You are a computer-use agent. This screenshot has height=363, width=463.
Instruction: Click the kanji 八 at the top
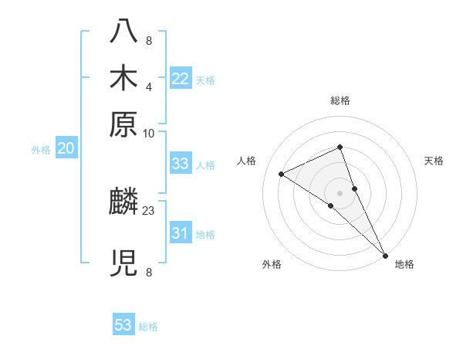click(124, 33)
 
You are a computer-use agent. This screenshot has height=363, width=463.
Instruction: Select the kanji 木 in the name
click(124, 79)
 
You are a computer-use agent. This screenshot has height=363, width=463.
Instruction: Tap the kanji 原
click(124, 124)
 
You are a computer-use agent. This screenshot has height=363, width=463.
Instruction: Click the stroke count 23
click(149, 209)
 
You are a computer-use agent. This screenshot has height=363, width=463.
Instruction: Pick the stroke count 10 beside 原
click(149, 133)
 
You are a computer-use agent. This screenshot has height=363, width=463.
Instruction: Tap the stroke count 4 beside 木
click(149, 86)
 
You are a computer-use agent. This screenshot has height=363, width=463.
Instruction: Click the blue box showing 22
click(181, 79)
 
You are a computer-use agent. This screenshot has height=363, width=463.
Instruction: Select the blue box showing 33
click(181, 164)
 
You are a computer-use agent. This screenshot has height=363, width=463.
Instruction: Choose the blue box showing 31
click(181, 233)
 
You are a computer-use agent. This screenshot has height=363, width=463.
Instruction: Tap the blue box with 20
click(66, 149)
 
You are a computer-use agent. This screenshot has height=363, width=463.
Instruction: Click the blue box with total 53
click(123, 325)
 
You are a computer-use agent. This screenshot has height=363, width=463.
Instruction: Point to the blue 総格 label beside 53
click(148, 327)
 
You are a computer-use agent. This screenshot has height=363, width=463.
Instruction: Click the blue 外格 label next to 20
click(41, 150)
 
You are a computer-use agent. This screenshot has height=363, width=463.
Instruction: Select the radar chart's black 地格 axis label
click(404, 264)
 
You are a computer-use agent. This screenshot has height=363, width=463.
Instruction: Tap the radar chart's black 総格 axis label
click(340, 100)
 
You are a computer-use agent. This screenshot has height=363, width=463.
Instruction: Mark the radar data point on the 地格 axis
click(385, 254)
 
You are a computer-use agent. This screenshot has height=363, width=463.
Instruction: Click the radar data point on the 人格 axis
click(282, 174)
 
